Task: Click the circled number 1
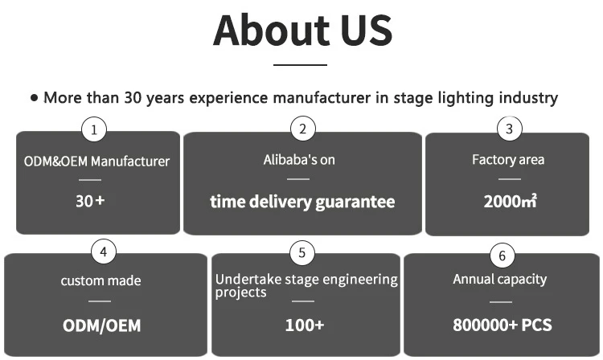95,129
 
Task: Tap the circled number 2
302,129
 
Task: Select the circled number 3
509,129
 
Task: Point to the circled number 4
102,252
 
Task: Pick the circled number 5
301,253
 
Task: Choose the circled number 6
503,256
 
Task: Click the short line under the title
301,64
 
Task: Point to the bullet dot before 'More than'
34,98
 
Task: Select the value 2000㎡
510,201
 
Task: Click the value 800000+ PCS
502,325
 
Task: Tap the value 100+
305,325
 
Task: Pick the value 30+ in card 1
91,201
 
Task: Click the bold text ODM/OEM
101,325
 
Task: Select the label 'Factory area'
508,160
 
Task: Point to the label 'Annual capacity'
500,280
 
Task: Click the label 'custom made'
100,280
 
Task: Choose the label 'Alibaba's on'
299,160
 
